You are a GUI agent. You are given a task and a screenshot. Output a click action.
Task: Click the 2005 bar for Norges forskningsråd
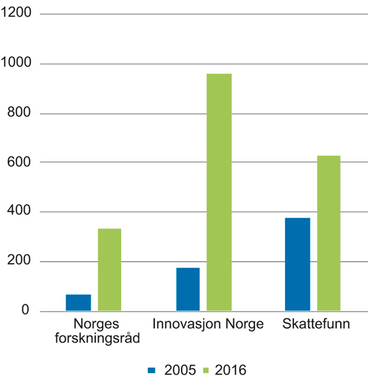[x=78, y=303]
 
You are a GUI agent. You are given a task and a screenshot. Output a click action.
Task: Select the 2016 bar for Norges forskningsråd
[x=109, y=270]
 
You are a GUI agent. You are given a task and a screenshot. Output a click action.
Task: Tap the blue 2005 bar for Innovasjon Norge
[x=187, y=290]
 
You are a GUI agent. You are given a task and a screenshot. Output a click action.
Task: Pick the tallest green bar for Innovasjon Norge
[x=219, y=193]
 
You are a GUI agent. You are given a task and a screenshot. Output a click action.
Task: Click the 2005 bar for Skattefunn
[x=298, y=264]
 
